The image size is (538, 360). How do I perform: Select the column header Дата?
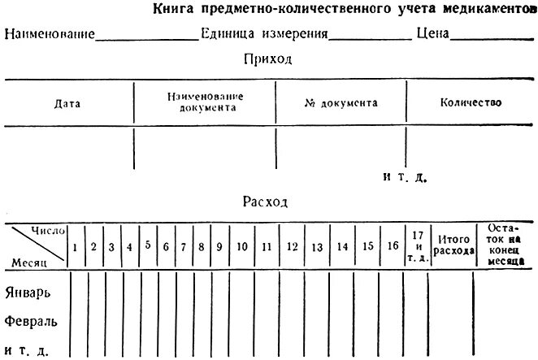(x=67, y=103)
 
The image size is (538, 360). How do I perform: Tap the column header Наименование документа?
(x=205, y=102)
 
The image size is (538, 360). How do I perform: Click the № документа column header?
(x=341, y=103)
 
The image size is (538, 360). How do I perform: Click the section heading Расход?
(x=265, y=202)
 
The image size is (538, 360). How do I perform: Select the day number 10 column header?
(x=242, y=246)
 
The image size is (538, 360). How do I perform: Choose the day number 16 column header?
(x=393, y=245)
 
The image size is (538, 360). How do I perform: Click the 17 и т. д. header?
(x=418, y=245)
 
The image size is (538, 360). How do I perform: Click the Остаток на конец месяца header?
(x=508, y=245)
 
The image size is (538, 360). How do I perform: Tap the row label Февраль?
(x=32, y=320)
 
